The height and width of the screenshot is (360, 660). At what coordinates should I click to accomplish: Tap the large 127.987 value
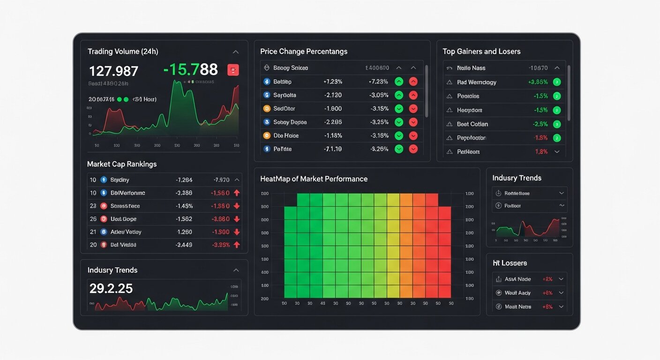(113, 71)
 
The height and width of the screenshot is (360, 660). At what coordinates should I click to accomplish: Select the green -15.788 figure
(190, 70)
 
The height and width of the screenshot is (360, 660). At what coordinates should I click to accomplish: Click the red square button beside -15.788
(233, 70)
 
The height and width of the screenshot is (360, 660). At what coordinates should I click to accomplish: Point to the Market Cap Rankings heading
(122, 164)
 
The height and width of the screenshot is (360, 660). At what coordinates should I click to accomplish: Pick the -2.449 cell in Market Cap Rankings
(183, 245)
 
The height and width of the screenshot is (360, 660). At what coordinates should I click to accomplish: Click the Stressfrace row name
(125, 206)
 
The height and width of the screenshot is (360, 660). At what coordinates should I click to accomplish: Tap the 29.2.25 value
(111, 289)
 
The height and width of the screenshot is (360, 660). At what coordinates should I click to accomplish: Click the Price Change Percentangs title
(304, 52)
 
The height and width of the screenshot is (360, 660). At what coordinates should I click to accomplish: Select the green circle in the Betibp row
(399, 82)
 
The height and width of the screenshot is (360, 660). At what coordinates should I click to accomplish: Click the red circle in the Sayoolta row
(413, 95)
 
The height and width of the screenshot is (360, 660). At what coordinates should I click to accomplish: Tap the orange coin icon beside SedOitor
(267, 109)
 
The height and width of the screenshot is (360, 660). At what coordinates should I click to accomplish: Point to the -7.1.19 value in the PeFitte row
(333, 149)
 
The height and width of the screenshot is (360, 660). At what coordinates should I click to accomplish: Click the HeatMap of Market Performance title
(314, 179)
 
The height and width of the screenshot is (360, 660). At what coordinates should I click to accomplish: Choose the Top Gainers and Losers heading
(481, 52)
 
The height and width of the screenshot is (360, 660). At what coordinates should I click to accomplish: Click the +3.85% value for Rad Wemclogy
(538, 82)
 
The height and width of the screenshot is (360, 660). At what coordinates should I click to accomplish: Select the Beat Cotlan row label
(472, 124)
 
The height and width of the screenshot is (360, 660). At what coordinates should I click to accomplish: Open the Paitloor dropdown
(561, 206)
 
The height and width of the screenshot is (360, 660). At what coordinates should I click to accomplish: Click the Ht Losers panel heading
(510, 263)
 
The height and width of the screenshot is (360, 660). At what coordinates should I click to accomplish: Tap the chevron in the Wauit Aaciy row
(561, 293)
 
